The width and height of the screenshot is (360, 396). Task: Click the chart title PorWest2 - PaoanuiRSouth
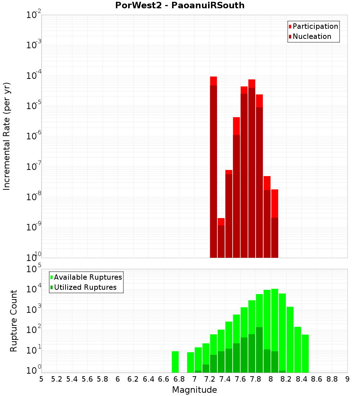[x=180, y=5]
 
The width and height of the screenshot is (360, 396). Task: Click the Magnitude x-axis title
[x=194, y=390]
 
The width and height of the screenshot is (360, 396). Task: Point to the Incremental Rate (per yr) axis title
[x=6, y=136]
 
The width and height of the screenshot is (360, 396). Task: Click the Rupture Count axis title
[x=14, y=321]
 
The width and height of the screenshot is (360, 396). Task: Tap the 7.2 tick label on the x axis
[x=210, y=379]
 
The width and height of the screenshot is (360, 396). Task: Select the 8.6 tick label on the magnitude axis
[x=317, y=379]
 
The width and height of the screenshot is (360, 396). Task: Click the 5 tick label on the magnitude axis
[x=41, y=379]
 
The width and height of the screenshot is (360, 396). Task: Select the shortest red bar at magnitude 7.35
[x=221, y=238]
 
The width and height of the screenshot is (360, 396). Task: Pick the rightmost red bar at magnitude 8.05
[x=275, y=223]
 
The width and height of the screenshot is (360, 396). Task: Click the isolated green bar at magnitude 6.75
[x=175, y=362]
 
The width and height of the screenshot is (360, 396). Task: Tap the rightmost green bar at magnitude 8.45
[x=305, y=354]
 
